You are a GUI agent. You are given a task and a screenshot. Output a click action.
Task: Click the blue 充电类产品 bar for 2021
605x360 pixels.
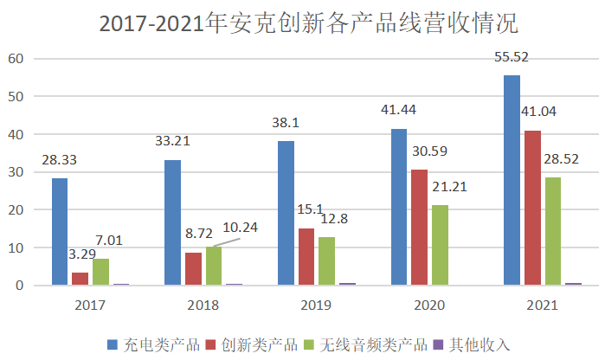pos(512,180)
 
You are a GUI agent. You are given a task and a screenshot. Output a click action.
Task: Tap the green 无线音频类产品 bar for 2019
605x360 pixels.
pos(326,260)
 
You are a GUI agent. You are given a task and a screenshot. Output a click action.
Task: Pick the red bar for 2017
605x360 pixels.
pos(80,279)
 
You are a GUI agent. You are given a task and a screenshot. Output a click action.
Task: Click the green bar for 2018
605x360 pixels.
pos(214,266)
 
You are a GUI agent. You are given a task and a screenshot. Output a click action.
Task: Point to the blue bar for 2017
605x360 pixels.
pos(59,232)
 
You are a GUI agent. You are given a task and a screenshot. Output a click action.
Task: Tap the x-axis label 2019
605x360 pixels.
pos(316,305)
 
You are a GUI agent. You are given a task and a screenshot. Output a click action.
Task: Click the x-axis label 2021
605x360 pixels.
pos(542,305)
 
